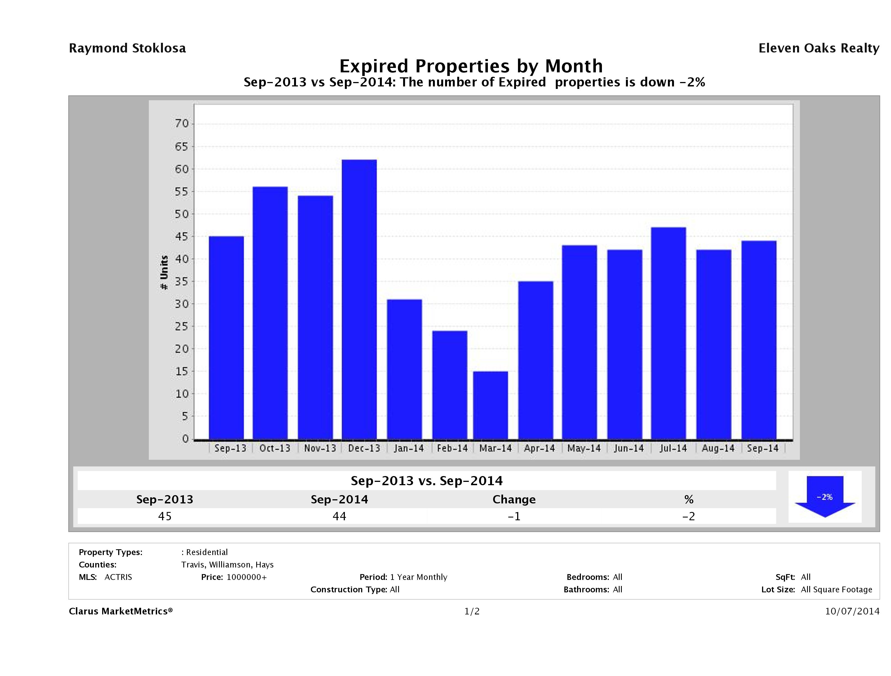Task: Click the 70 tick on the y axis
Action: pos(182,124)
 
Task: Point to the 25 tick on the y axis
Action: pos(182,326)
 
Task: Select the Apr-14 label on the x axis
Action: pos(539,448)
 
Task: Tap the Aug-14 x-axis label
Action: pos(718,448)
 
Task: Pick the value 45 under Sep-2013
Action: pos(165,516)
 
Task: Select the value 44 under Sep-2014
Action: pos(339,516)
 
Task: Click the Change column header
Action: pos(514,500)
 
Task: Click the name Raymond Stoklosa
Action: pos(127,48)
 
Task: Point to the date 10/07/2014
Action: pos(852,611)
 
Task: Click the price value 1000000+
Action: pos(247,577)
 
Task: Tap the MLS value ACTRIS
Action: pos(118,577)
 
